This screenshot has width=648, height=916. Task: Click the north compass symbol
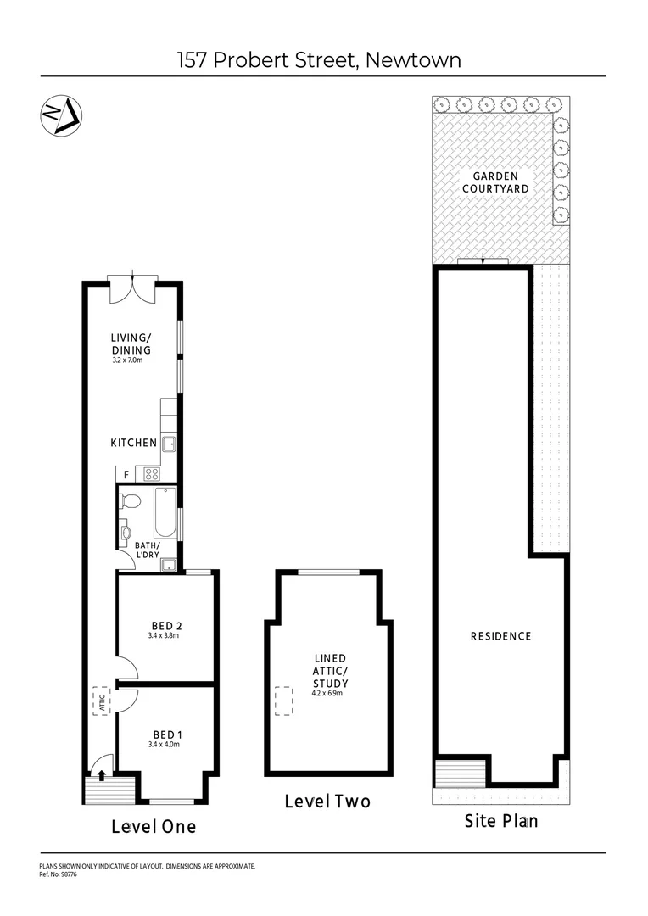click(61, 115)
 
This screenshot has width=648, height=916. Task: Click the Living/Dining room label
click(131, 344)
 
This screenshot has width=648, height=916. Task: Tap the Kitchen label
click(133, 443)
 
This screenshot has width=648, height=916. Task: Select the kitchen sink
click(169, 443)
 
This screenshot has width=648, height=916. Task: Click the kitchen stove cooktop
click(153, 474)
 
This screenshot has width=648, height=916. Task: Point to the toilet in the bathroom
click(128, 500)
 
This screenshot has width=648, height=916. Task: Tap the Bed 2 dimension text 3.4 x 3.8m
click(164, 635)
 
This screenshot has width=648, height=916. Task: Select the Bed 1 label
click(167, 734)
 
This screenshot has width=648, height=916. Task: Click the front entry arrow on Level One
click(102, 774)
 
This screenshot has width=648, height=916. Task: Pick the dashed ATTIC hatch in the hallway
click(100, 701)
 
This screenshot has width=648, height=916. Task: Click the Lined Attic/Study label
click(329, 670)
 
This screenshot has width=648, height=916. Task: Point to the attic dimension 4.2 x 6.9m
click(329, 693)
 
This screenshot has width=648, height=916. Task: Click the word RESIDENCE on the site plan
click(500, 636)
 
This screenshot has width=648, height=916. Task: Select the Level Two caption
click(327, 801)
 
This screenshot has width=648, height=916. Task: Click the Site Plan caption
click(500, 821)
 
